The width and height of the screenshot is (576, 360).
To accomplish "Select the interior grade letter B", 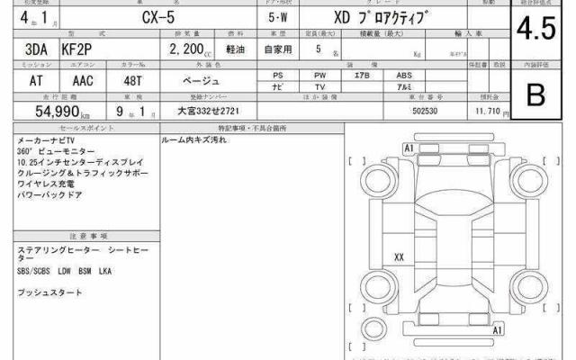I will click(x=536, y=93).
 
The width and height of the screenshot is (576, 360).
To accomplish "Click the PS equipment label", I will click(x=279, y=76).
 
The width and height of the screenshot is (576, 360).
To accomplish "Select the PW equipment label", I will click(x=319, y=76).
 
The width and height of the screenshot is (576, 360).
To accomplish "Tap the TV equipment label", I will click(x=319, y=87).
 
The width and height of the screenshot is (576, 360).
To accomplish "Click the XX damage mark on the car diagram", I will click(x=399, y=256).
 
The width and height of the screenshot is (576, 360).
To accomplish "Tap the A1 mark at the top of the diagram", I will click(x=409, y=147).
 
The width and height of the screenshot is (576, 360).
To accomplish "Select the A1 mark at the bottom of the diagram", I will click(x=496, y=331).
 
